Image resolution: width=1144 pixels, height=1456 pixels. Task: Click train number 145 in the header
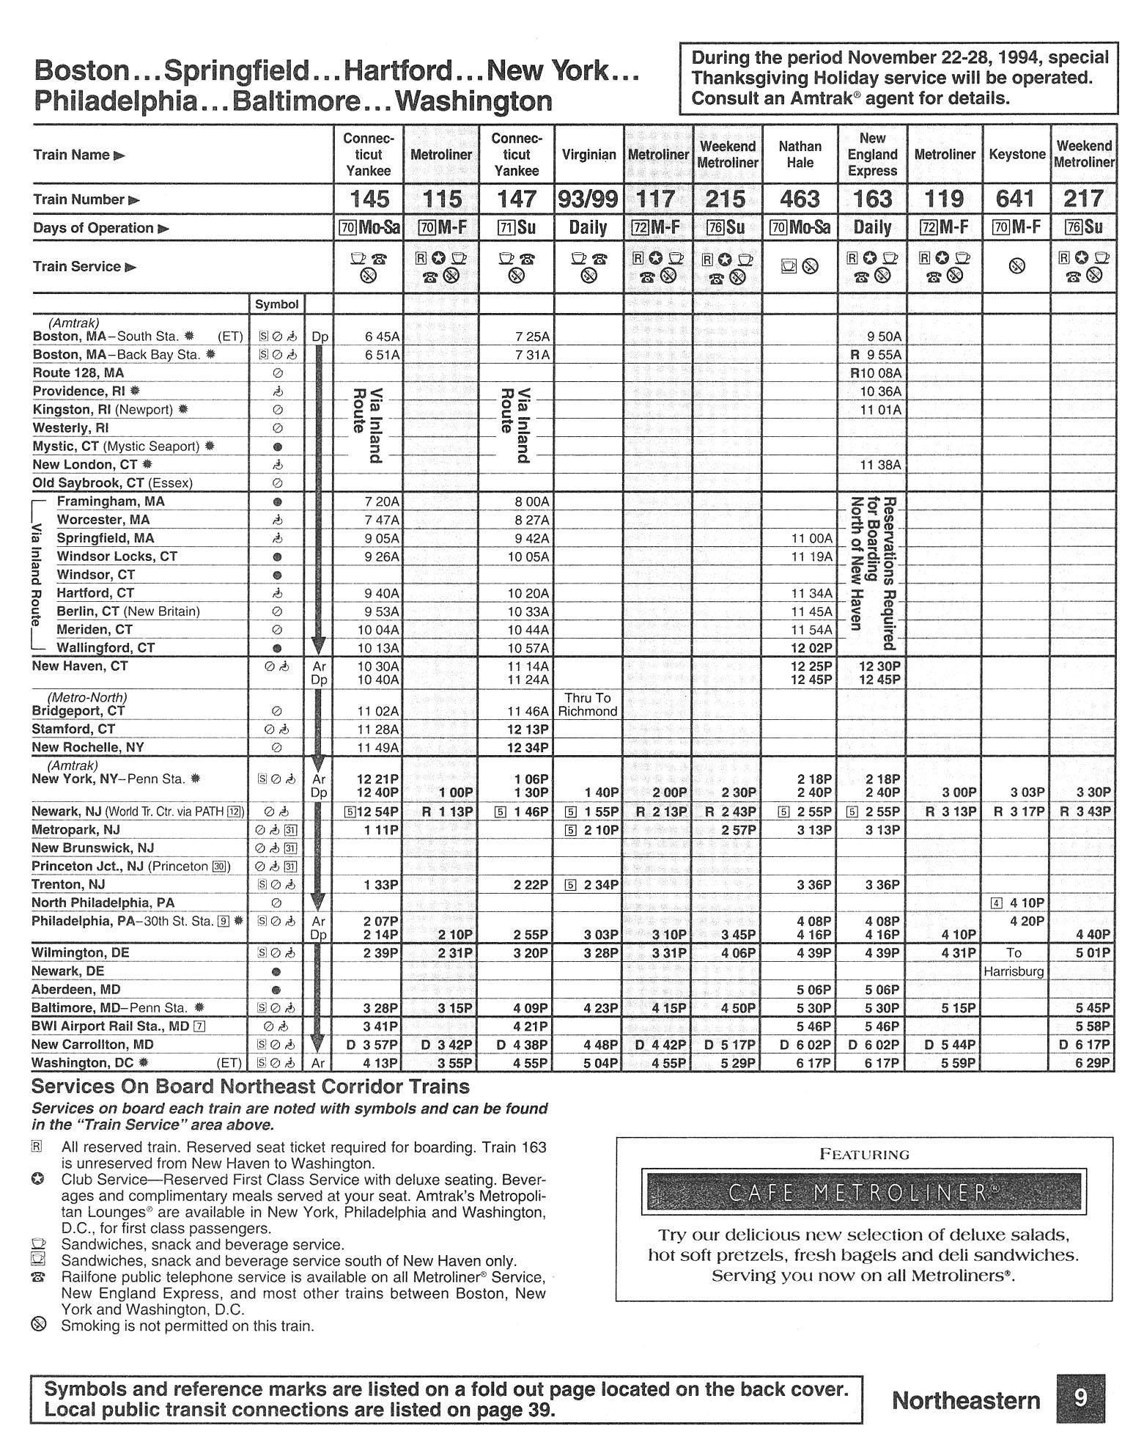point(369,199)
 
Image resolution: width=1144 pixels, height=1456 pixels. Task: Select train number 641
point(1016,199)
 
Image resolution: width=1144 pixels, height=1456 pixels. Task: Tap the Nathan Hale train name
point(800,155)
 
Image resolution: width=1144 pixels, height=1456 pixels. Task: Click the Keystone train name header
point(1016,155)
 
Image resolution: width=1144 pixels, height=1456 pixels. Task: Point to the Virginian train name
point(588,155)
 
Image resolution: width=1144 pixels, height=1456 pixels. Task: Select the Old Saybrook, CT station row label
point(112,483)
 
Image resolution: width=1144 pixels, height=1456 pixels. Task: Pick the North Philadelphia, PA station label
point(103,903)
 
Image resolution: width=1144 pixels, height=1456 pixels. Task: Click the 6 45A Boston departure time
point(383,337)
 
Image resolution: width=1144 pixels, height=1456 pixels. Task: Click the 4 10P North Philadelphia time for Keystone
point(1025,903)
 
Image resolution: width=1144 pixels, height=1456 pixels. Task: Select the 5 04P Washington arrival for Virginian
point(600,1063)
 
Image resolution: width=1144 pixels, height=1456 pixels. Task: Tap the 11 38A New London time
point(881,465)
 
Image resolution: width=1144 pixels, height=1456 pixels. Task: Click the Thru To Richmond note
point(588,705)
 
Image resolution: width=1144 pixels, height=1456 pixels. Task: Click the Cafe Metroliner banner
point(863,1193)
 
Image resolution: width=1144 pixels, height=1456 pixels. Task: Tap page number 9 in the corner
point(1080,1398)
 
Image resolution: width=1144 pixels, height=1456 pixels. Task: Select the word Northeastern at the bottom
point(966,1400)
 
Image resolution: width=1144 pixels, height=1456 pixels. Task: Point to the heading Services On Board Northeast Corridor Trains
point(251,1087)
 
